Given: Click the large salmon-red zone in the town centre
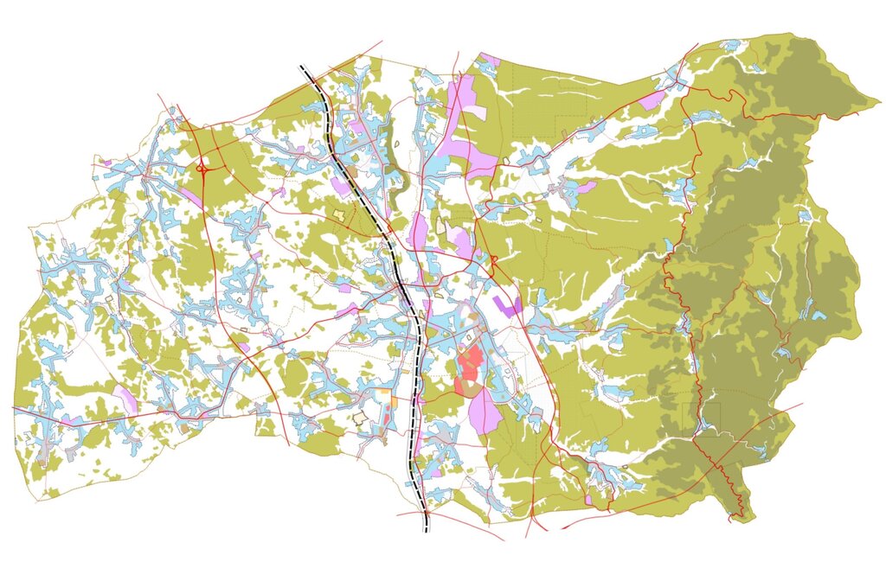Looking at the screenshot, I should point(470,364).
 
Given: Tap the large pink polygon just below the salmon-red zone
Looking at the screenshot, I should point(485,410).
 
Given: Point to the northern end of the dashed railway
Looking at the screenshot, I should point(302,67).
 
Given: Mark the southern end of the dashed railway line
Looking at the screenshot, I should point(426,529).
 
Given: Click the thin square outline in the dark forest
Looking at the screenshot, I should point(701,418).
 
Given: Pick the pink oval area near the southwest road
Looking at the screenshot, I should point(126,399).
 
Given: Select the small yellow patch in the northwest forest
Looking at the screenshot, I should point(337,213).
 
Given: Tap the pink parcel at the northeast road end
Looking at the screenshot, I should point(652,100).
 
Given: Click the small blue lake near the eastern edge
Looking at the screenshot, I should point(818,315).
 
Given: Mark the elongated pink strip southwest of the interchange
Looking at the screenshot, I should point(191,197).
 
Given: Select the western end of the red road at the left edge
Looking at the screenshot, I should point(14,407).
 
